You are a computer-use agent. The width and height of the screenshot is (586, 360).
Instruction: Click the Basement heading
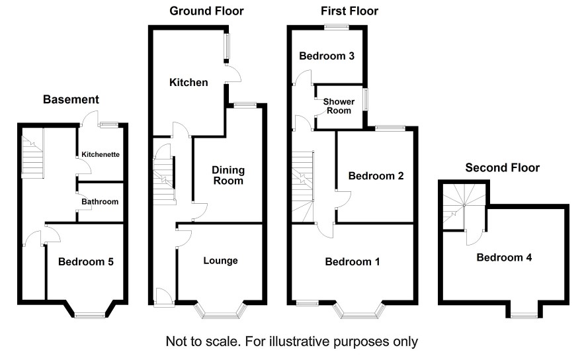click(71, 99)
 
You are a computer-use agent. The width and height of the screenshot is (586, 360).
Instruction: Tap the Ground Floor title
click(206, 11)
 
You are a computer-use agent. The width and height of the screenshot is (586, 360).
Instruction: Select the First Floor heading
click(349, 11)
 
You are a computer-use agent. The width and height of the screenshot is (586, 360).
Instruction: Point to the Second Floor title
click(502, 167)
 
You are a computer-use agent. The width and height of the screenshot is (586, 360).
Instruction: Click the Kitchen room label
click(188, 82)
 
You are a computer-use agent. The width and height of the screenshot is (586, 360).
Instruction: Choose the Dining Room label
click(228, 175)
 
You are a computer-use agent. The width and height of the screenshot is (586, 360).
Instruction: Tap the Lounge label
click(220, 261)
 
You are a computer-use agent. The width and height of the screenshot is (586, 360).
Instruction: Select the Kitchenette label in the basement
click(101, 154)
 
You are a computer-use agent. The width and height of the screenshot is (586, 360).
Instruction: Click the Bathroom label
click(100, 202)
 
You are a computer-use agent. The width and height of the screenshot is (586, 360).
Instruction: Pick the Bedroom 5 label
click(86, 261)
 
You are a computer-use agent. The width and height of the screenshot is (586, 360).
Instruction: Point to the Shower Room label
click(339, 106)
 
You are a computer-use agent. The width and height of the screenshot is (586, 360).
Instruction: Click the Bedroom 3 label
click(327, 56)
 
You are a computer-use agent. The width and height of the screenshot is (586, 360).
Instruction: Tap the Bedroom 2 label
click(376, 176)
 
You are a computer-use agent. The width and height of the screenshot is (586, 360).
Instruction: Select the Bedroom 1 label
click(353, 261)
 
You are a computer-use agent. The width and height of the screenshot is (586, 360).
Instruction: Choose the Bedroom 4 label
click(504, 257)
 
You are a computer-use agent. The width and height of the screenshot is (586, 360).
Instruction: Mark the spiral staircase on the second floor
click(464, 206)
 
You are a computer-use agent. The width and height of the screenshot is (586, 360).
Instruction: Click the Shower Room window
click(366, 99)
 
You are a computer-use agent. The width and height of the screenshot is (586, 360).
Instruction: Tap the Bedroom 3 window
click(337, 27)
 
